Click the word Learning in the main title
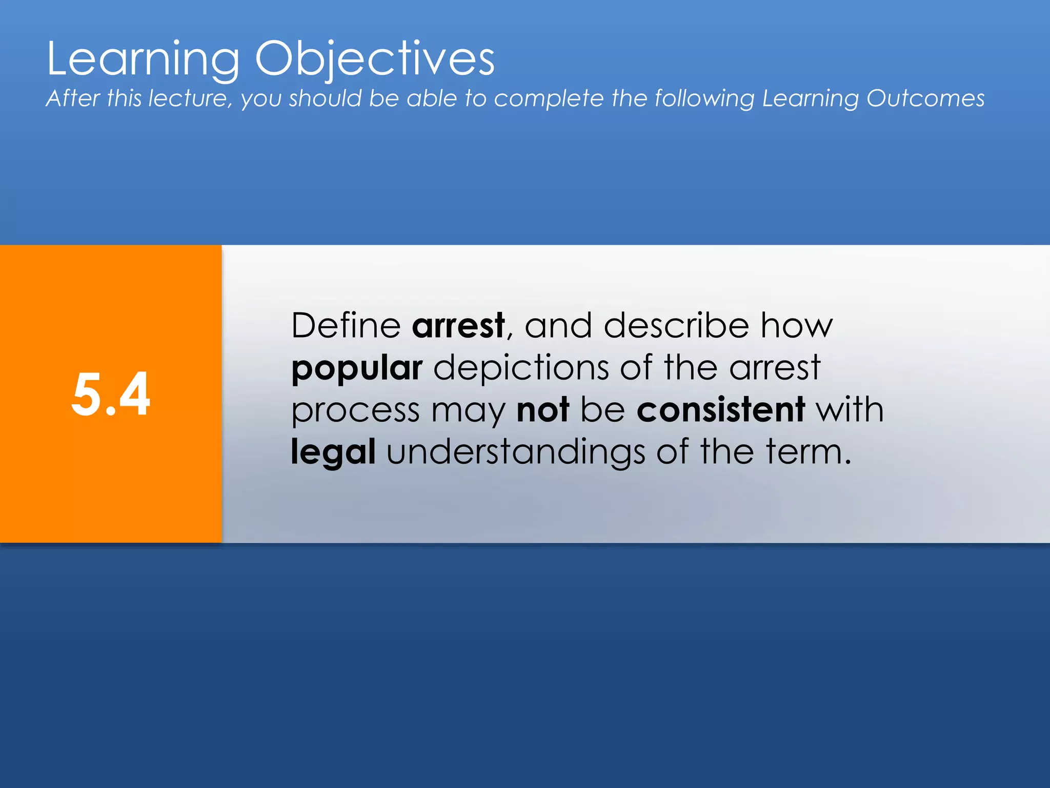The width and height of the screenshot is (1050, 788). coord(143,60)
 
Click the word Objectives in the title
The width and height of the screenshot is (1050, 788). coord(375,60)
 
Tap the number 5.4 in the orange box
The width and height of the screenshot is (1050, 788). coord(111,394)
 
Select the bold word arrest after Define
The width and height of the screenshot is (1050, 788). coord(458,326)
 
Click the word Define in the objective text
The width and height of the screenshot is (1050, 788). coord(346,326)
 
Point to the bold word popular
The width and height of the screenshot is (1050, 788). coord(357,368)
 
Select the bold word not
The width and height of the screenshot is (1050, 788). coord(542,410)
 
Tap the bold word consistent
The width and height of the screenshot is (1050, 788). coord(720,410)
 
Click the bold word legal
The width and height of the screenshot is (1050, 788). coord(333,452)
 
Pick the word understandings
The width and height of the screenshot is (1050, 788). coord(515,452)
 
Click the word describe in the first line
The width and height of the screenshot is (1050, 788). coord(676,326)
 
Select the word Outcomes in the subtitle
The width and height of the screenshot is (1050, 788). coord(925,98)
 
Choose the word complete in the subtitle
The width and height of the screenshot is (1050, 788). coord(549,99)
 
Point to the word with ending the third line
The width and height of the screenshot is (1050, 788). coord(850,410)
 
